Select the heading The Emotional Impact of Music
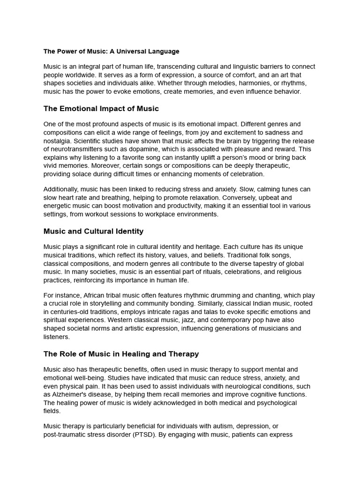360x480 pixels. [x=101, y=109]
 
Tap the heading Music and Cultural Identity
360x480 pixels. [x=93, y=231]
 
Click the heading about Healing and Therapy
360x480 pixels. [x=121, y=354]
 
